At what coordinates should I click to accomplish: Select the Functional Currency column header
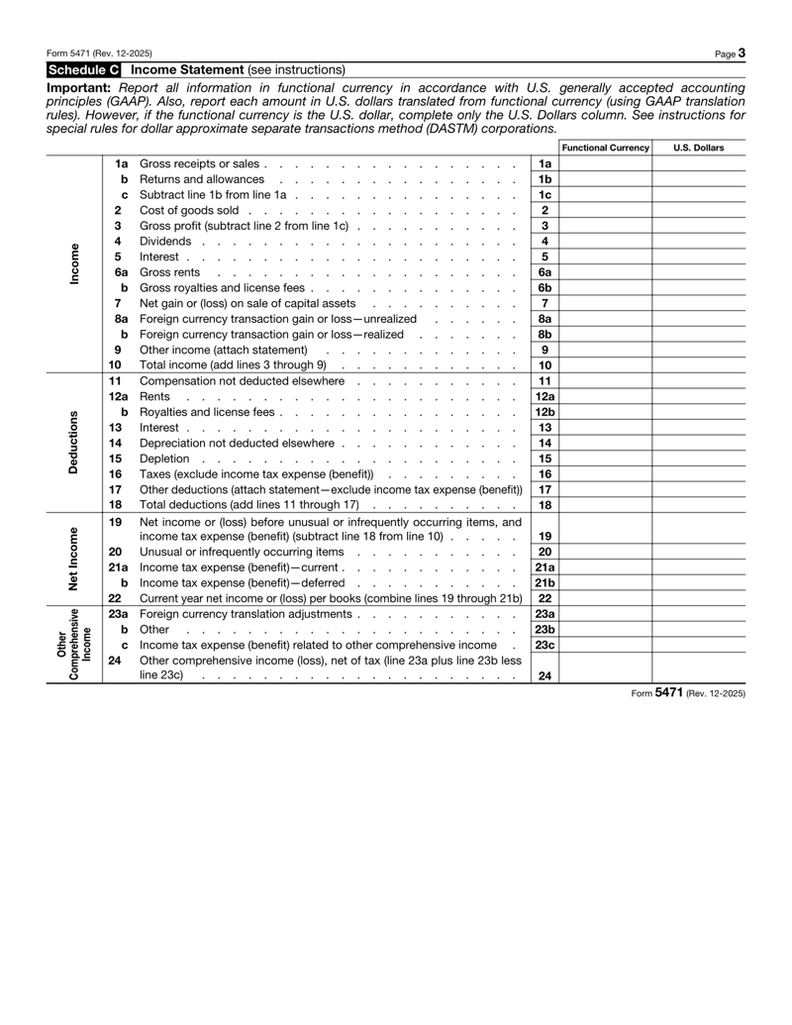[x=605, y=148]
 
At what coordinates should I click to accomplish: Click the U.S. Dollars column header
[x=698, y=148]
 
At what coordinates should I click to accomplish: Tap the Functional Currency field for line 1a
[x=605, y=163]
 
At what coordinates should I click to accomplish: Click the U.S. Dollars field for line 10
[x=698, y=365]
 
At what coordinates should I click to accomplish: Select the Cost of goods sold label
[x=189, y=210]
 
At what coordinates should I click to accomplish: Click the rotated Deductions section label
[x=72, y=442]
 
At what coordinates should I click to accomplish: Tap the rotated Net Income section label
[x=72, y=558]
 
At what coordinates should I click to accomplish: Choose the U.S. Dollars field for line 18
[x=698, y=505]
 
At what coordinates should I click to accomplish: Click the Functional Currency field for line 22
[x=605, y=598]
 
